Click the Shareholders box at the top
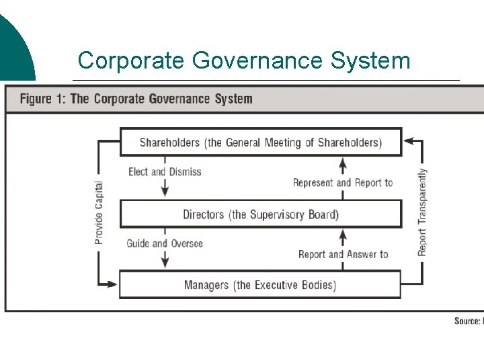point(260,143)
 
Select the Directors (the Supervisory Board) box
point(260,214)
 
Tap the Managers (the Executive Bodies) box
point(260,285)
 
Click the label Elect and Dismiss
point(165,172)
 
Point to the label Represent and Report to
point(343,183)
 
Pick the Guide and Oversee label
point(165,243)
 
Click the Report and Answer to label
point(343,254)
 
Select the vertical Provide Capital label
point(99,212)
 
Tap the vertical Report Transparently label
point(422,212)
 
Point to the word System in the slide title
point(370,61)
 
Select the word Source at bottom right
point(467,321)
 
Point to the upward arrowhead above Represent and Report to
point(343,163)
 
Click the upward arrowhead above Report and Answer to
point(343,235)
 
